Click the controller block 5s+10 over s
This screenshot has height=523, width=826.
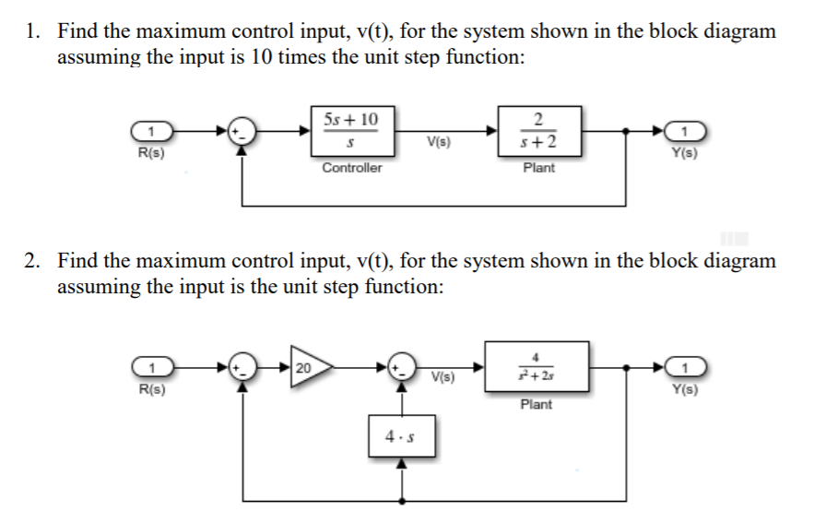[x=351, y=132]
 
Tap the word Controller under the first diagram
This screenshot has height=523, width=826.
[x=351, y=168]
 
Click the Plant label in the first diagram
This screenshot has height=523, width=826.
[x=538, y=168]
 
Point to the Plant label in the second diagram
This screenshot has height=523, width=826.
[x=537, y=404]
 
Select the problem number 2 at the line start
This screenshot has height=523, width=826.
[x=31, y=261]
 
